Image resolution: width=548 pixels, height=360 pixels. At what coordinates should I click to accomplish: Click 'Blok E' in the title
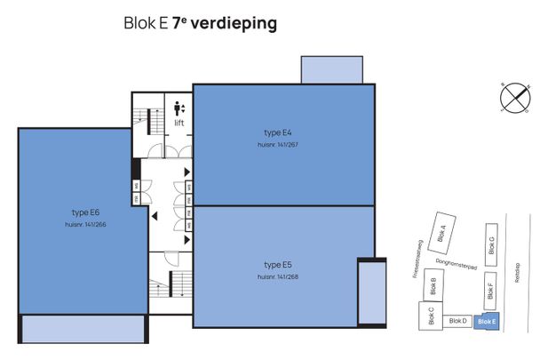pyautogui.click(x=144, y=24)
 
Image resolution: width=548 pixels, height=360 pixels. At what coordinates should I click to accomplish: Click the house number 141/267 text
pyautogui.click(x=277, y=144)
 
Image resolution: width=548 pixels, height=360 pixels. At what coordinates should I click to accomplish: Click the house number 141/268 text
pyautogui.click(x=277, y=276)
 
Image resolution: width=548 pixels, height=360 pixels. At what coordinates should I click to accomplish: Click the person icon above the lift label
pyautogui.click(x=179, y=108)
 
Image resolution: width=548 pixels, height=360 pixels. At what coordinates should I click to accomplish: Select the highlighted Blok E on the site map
pyautogui.click(x=487, y=321)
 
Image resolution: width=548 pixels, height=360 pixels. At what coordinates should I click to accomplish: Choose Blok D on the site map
pyautogui.click(x=457, y=321)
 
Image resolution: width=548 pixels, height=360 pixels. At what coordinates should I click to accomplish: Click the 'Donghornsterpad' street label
pyautogui.click(x=458, y=265)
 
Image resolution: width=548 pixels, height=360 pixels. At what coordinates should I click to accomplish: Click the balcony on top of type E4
pyautogui.click(x=331, y=70)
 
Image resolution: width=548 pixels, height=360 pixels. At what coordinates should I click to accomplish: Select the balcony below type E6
pyautogui.click(x=83, y=328)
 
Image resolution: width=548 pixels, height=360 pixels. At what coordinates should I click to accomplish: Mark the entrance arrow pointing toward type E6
pyautogui.click(x=155, y=214)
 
